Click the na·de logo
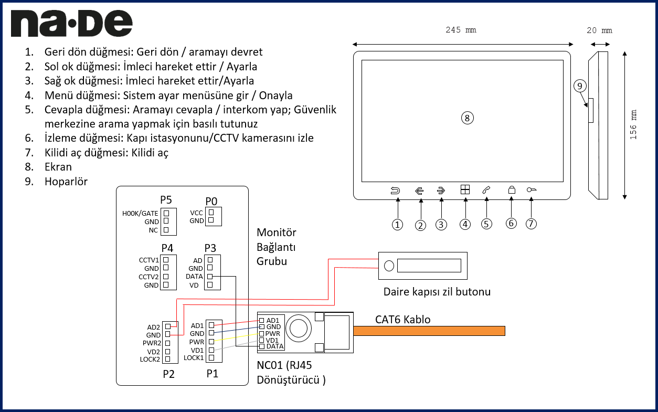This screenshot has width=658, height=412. click(71, 24)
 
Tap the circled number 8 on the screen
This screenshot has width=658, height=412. click(467, 118)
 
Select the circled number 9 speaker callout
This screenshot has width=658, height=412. click(579, 86)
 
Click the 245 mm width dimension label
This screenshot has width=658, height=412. click(461, 30)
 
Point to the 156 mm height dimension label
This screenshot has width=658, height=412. click(633, 124)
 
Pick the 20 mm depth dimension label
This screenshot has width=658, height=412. click(599, 30)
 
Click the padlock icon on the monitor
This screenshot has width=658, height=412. click(512, 191)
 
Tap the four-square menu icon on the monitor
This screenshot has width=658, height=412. click(465, 191)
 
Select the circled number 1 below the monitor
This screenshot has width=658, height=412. click(398, 225)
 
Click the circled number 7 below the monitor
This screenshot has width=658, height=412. click(531, 224)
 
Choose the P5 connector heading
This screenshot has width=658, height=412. click(166, 200)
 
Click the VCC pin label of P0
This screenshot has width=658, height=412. click(197, 213)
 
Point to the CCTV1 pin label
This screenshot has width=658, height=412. click(149, 260)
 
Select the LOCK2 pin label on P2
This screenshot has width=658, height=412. click(150, 360)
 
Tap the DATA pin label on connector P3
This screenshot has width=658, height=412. click(194, 277)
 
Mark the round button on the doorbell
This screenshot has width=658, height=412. click(389, 266)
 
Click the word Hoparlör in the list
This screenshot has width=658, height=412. click(66, 182)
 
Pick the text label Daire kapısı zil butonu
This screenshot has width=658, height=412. click(437, 292)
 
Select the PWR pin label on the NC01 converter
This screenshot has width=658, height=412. click(273, 333)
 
